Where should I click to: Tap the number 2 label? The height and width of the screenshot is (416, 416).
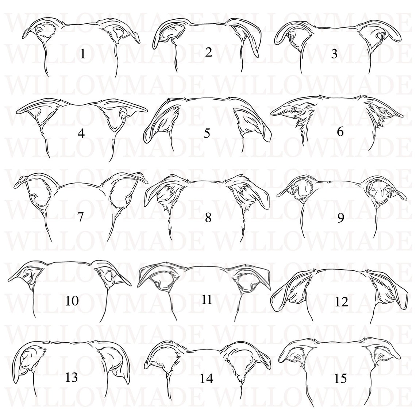(x=208, y=52)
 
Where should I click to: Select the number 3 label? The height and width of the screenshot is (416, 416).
(x=334, y=54)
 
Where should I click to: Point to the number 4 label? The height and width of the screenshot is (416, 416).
(x=81, y=134)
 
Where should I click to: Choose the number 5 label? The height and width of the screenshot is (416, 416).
(x=207, y=133)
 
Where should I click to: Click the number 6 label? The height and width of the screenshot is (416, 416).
(x=340, y=131)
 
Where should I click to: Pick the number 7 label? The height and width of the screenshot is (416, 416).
(x=81, y=216)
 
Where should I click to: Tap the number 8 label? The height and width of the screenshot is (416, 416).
(x=208, y=218)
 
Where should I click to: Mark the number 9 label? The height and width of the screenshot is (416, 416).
(x=340, y=218)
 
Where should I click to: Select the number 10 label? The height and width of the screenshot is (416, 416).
(x=72, y=301)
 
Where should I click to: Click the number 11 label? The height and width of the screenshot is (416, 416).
(x=207, y=300)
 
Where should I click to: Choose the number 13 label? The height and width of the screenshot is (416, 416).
(x=72, y=377)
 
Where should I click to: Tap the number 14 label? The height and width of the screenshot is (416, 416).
(x=206, y=379)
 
